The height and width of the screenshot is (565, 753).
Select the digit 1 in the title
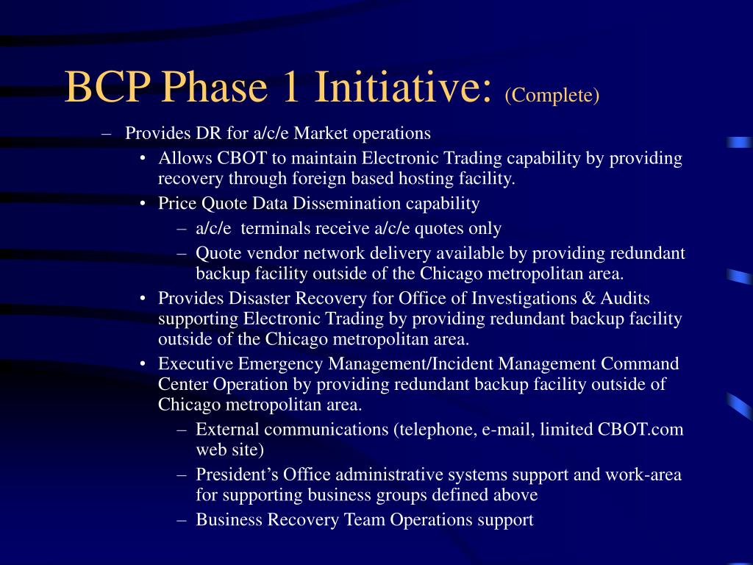click(x=291, y=87)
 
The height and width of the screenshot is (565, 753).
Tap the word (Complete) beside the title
click(x=552, y=95)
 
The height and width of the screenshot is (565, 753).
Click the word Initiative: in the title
click(x=404, y=87)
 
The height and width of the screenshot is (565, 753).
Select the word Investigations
click(x=524, y=299)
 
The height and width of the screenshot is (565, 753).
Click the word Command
click(x=640, y=363)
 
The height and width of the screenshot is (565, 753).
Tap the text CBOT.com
click(x=640, y=429)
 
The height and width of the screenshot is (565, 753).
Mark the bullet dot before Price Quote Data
click(x=143, y=204)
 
